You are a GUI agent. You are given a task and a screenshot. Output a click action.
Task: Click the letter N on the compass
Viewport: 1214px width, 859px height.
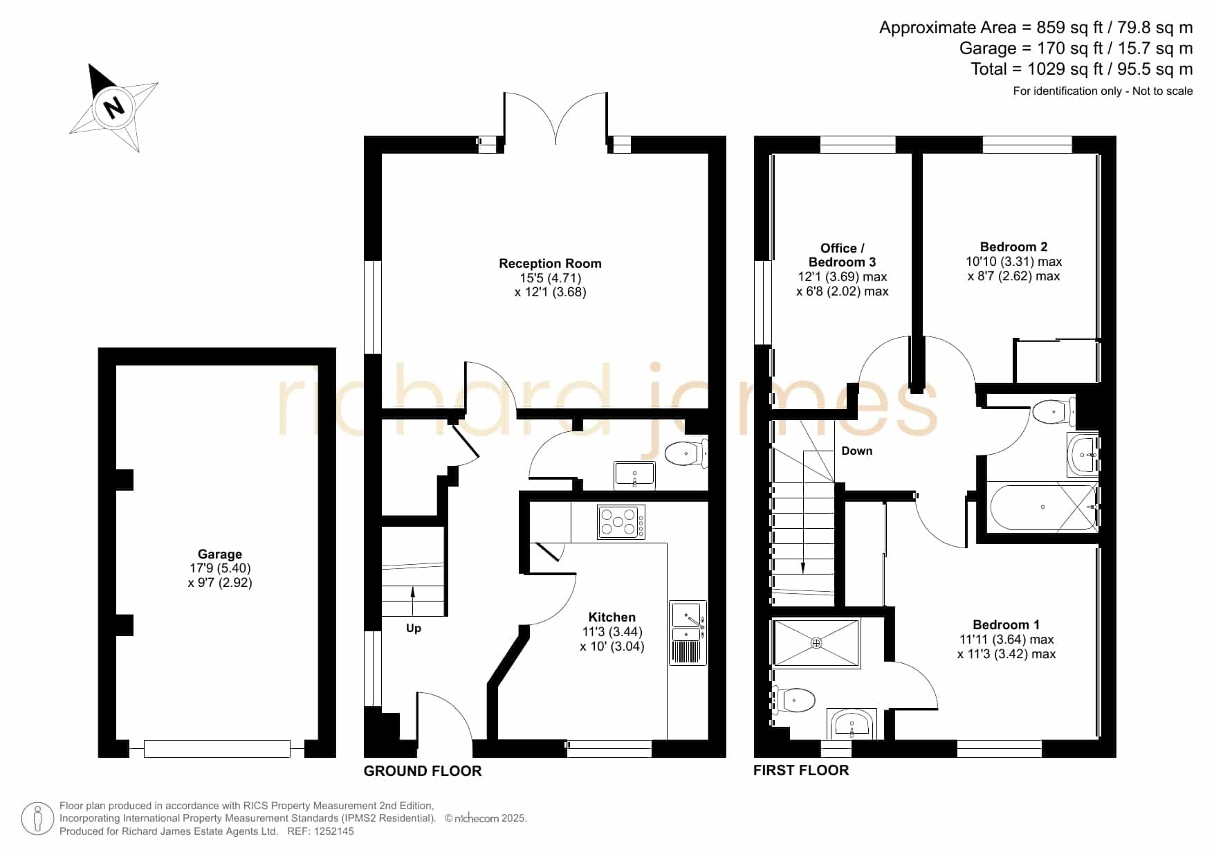coord(113,107)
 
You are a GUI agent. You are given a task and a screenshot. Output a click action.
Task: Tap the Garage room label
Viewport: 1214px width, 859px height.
coord(220,554)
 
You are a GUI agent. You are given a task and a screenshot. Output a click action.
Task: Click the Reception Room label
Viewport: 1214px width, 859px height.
coord(550,263)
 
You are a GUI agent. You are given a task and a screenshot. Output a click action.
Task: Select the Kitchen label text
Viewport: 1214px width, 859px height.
coord(611,617)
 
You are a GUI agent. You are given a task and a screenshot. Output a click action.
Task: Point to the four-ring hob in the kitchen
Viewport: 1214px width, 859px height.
coord(621,522)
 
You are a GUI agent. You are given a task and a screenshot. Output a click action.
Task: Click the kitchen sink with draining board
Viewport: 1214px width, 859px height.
coord(688,633)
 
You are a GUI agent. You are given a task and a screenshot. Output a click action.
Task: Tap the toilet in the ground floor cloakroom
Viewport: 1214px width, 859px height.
coord(686,454)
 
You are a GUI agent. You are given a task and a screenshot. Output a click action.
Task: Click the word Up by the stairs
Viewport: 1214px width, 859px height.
coord(414,629)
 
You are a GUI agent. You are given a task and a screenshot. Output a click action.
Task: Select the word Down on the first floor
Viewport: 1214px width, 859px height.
coord(857,451)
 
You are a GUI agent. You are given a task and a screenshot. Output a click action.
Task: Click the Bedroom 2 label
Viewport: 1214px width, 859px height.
coord(1013,246)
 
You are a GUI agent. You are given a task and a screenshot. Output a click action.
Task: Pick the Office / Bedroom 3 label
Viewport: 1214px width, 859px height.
coord(842,255)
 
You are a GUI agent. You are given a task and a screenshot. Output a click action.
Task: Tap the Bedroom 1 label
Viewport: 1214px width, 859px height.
coord(1006,624)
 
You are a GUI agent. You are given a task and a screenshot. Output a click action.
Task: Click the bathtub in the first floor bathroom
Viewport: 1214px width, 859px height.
coord(1043,507)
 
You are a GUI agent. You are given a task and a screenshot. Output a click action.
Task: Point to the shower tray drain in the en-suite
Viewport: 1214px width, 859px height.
coord(816,643)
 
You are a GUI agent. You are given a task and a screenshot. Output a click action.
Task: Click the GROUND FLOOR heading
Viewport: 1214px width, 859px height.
coord(423,771)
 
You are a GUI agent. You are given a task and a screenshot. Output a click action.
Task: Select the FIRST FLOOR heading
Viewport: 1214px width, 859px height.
coord(801,770)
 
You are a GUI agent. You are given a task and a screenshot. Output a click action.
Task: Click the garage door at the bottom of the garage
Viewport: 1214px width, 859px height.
coord(217,748)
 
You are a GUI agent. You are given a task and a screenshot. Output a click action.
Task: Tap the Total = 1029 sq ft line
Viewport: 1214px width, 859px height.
coord(1082,69)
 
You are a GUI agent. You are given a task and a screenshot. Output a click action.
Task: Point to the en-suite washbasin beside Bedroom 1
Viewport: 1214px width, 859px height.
coord(852,724)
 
